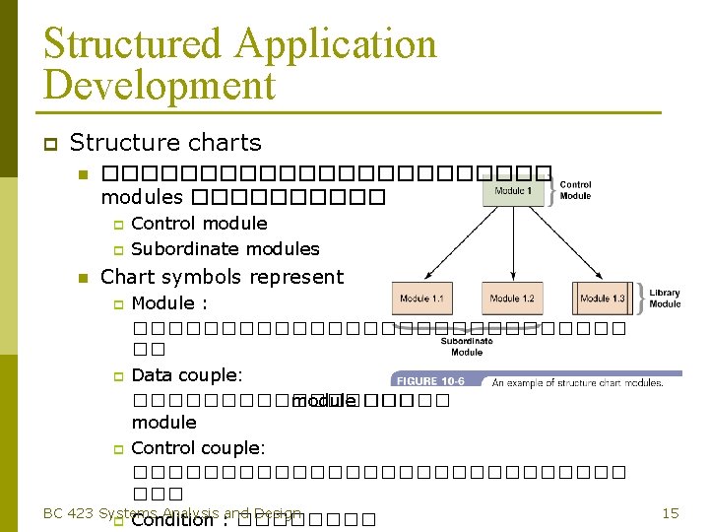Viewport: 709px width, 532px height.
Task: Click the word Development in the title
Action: click(x=160, y=86)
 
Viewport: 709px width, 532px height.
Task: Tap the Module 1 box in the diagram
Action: click(x=512, y=190)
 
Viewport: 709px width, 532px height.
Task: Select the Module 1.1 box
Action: click(x=423, y=298)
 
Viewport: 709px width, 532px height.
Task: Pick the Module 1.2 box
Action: click(x=512, y=298)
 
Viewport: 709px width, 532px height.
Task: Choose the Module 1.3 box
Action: click(x=602, y=298)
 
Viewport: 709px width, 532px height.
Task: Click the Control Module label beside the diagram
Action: click(x=575, y=190)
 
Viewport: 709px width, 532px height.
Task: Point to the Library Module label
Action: click(x=665, y=298)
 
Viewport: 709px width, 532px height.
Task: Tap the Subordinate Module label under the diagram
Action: click(x=467, y=346)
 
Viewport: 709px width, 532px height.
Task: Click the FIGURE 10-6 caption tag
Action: click(x=431, y=381)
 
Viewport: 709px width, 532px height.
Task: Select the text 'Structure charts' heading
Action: click(x=165, y=143)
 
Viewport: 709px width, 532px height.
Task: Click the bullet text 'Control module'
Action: click(x=199, y=224)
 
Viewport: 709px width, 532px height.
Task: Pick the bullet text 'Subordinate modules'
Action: click(x=226, y=249)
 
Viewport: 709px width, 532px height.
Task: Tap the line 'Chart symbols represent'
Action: click(x=223, y=277)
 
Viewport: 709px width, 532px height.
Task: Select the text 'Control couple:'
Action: click(x=198, y=448)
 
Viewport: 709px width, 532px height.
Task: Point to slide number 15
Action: click(x=670, y=513)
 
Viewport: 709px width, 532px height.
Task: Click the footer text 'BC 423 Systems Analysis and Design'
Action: click(x=172, y=512)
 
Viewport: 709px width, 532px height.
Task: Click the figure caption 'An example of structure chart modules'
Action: click(x=577, y=381)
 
